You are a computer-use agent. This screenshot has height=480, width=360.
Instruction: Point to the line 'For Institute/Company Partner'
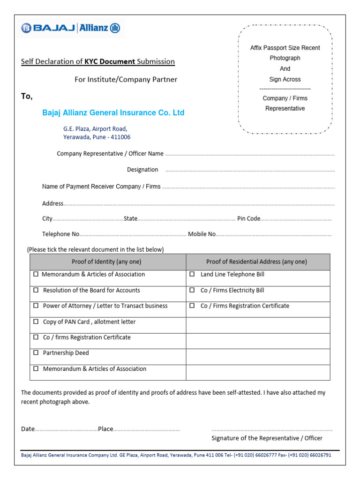coord(126,79)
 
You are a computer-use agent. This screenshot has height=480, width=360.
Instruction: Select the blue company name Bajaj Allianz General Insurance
coord(113,112)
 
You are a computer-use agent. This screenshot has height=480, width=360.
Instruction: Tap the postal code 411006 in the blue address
coord(120,137)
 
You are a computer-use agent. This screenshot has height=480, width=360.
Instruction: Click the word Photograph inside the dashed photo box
coord(285,58)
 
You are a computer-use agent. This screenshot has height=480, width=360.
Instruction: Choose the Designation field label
coord(142,170)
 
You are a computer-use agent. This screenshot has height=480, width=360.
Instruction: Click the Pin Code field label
coord(248,218)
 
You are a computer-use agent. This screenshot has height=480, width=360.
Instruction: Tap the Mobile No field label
coord(202,234)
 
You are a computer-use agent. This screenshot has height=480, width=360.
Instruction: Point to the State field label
coord(130,218)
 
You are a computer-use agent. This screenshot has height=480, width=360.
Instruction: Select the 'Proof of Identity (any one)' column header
coord(106,262)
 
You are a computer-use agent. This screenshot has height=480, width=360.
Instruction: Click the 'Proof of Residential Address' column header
coord(256,262)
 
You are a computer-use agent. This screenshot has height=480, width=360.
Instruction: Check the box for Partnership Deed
coord(36,353)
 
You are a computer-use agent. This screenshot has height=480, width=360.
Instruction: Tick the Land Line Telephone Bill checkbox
coord(192,274)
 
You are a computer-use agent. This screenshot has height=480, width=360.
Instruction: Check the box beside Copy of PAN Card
coord(36,322)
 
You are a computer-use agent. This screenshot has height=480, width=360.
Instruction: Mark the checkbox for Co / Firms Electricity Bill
coord(192,290)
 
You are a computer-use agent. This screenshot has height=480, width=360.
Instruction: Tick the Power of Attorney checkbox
coord(36,306)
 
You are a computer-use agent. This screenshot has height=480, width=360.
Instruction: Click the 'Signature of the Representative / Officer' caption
coord(267,438)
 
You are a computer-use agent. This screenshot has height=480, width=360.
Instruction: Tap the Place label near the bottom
coord(105,429)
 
